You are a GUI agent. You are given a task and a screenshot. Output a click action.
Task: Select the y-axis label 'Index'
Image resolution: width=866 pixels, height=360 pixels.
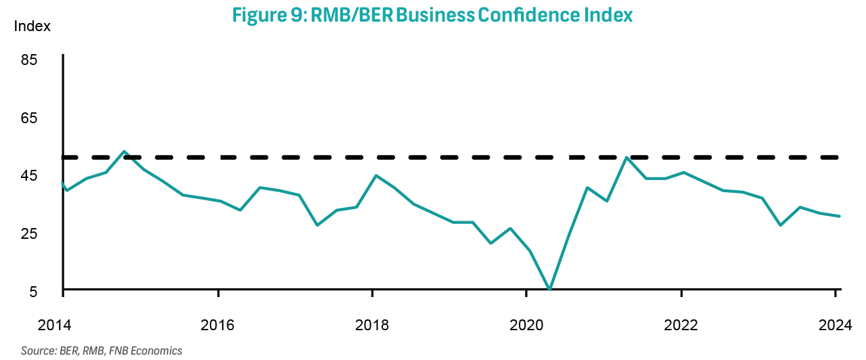32,26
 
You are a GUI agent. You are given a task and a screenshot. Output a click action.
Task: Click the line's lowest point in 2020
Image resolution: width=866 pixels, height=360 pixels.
549,290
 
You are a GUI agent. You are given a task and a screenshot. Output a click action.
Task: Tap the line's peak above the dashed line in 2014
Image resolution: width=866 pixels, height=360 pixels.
124,152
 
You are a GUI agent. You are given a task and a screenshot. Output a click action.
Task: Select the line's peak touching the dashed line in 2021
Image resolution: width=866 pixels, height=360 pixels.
627,158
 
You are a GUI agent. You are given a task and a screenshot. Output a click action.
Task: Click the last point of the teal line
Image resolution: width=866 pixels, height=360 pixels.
840,217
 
